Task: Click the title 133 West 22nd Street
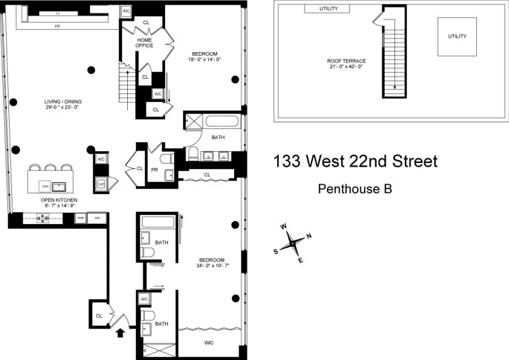[x=355, y=161]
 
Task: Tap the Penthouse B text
[x=355, y=188]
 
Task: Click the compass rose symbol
[x=292, y=243]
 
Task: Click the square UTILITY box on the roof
[x=457, y=37]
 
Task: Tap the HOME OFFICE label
[x=145, y=42]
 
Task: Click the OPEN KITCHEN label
[x=59, y=200]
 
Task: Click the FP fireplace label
[x=58, y=26]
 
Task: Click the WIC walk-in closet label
[x=209, y=343]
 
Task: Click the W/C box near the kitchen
[x=102, y=184]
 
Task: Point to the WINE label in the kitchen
[x=80, y=217]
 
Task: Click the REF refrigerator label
[x=97, y=217]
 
